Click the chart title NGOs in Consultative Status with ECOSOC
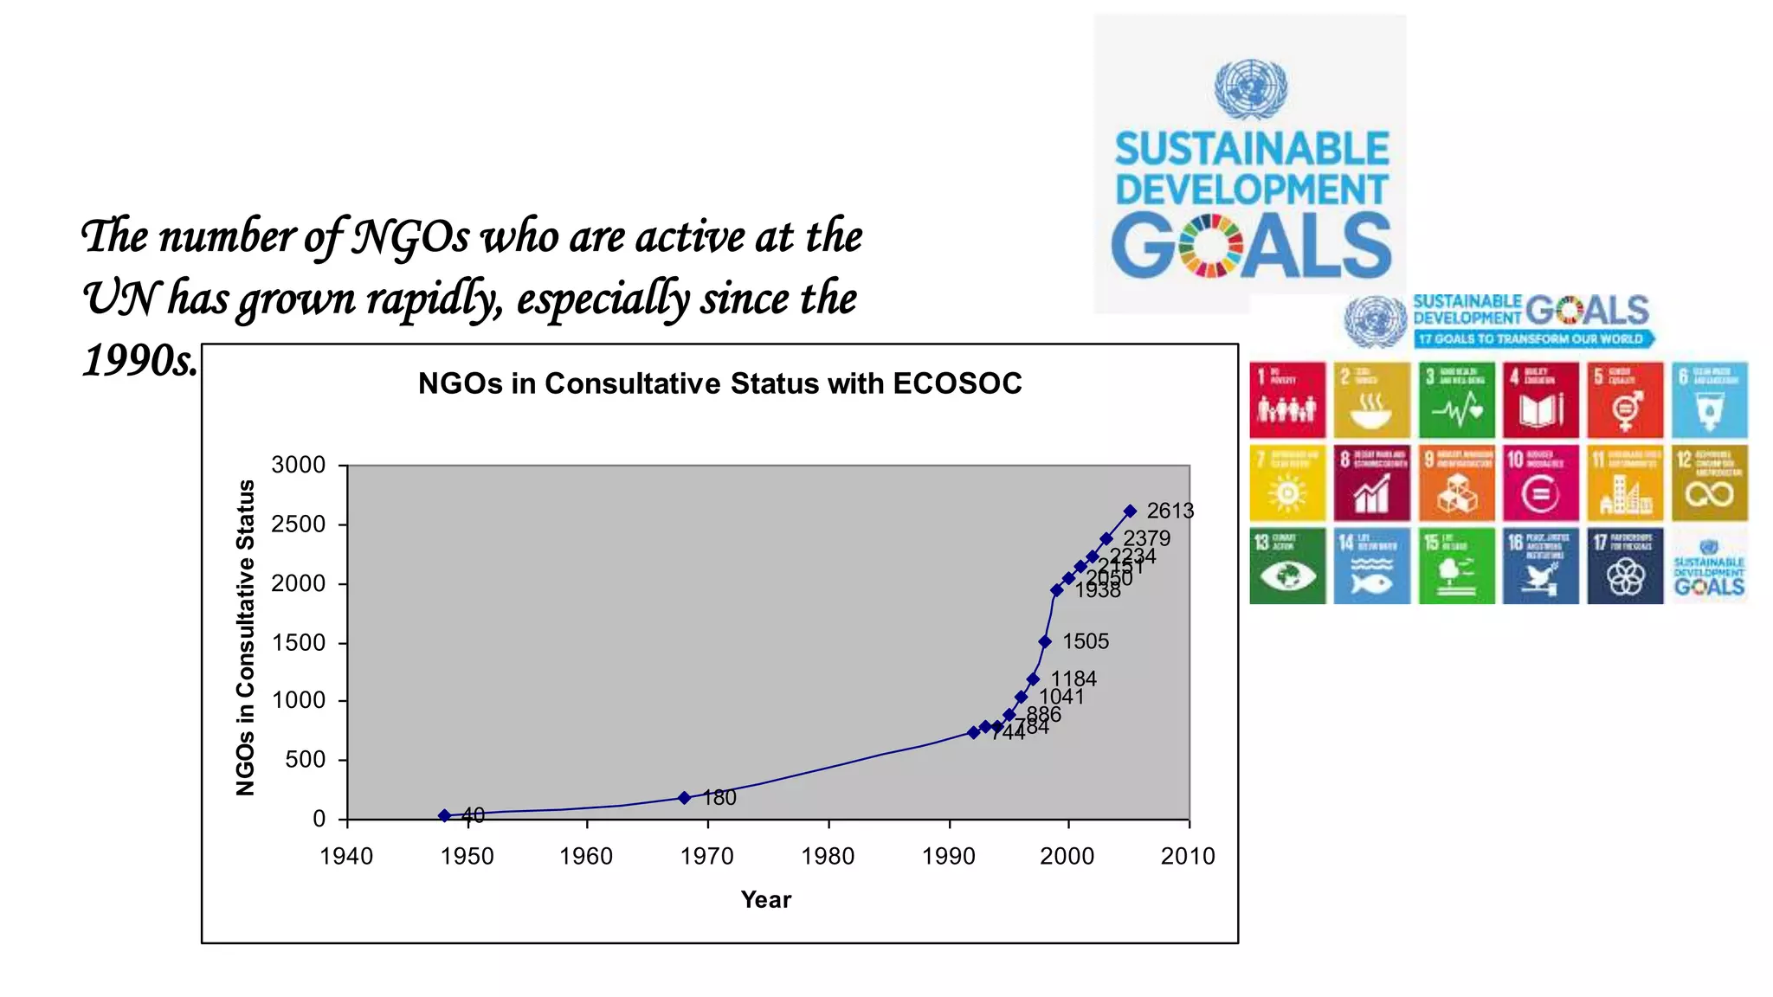(x=719, y=383)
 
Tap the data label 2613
(x=1170, y=511)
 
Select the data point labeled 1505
(x=1045, y=642)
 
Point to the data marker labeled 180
(x=684, y=798)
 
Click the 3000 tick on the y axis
(x=299, y=466)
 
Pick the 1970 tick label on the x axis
(x=706, y=857)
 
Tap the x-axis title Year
(x=765, y=900)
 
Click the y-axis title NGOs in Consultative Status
(x=246, y=638)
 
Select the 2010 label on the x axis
(x=1187, y=857)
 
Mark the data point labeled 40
(x=444, y=815)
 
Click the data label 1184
(x=1073, y=679)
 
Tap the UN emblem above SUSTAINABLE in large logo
(x=1250, y=89)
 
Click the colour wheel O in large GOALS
(x=1210, y=247)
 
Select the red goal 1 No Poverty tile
(x=1287, y=400)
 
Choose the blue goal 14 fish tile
(x=1371, y=566)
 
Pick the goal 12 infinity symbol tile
(x=1709, y=483)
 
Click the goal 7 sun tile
(x=1287, y=483)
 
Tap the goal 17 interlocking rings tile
(x=1625, y=566)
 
